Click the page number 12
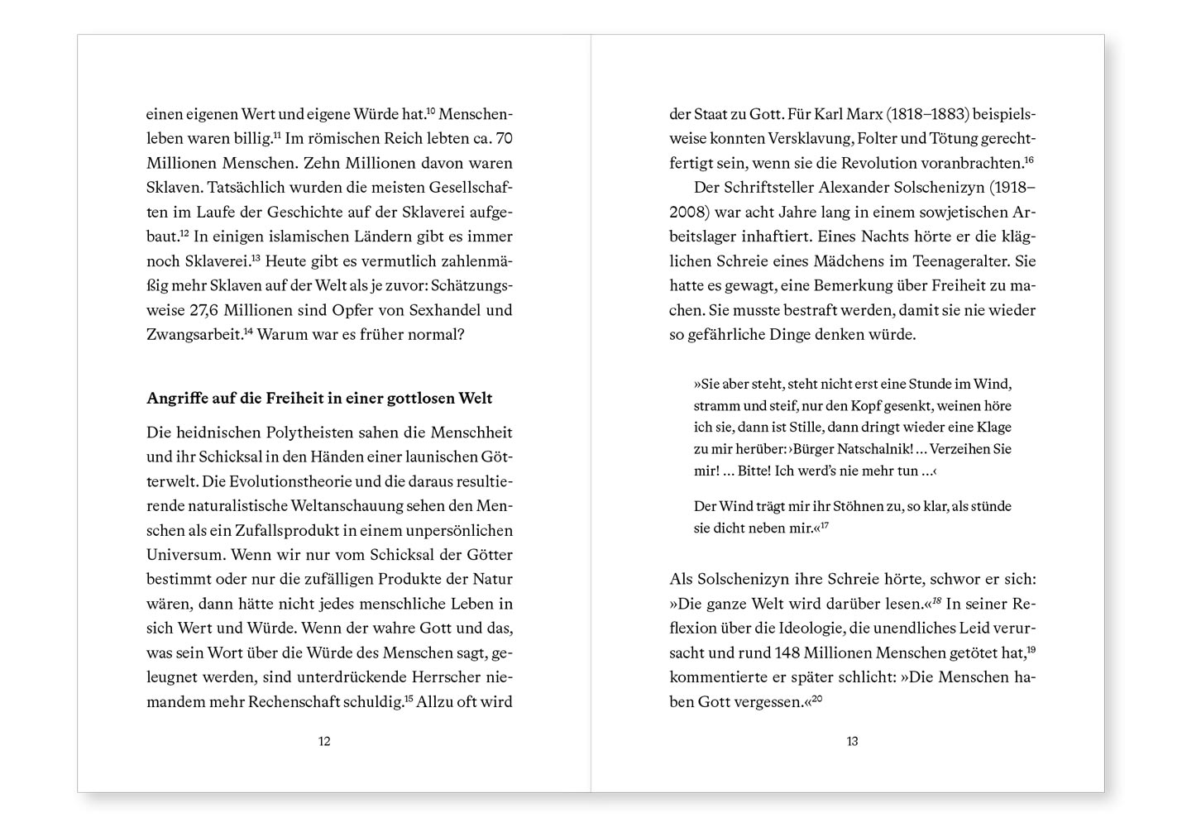[324, 742]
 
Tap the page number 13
[852, 742]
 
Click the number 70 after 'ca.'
[504, 138]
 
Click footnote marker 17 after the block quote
[825, 525]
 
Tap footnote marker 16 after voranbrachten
[1030, 160]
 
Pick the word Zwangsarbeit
[194, 336]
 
